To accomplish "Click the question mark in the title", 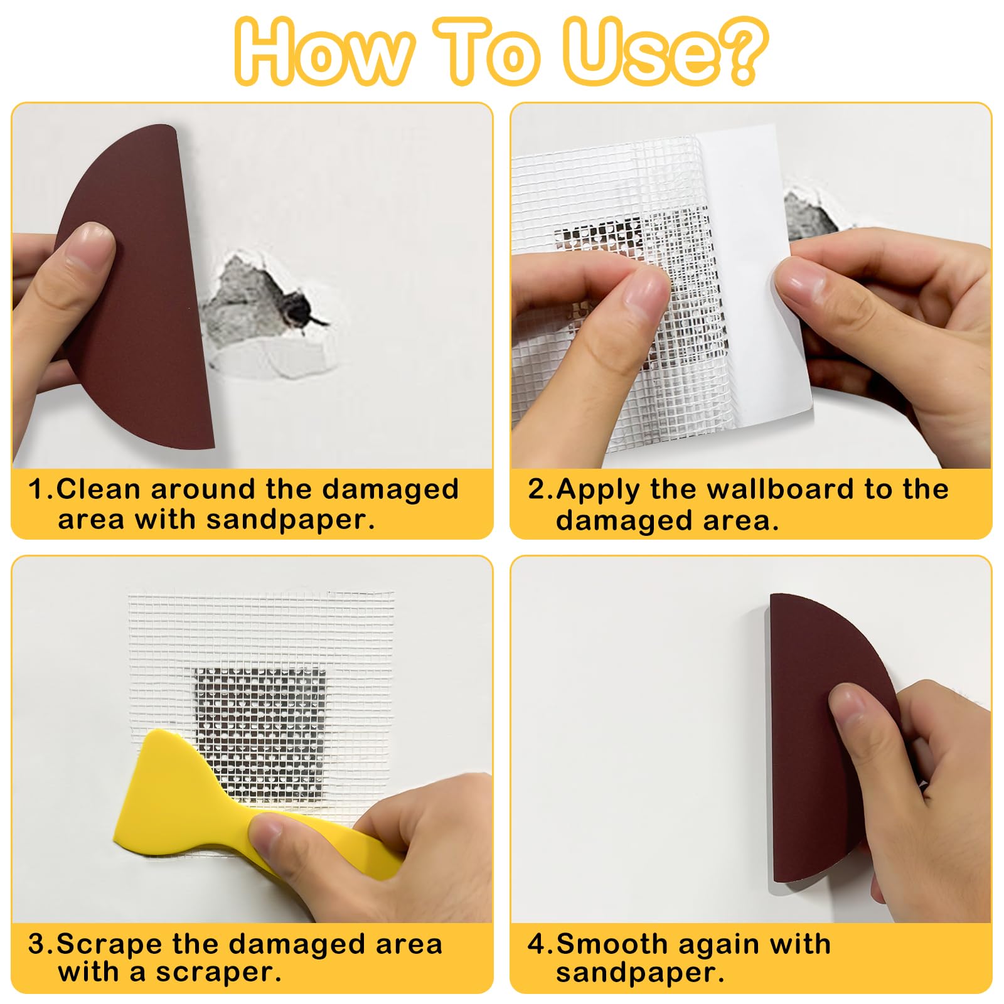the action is tap(741, 50).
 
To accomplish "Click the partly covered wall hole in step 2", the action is tap(809, 216).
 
